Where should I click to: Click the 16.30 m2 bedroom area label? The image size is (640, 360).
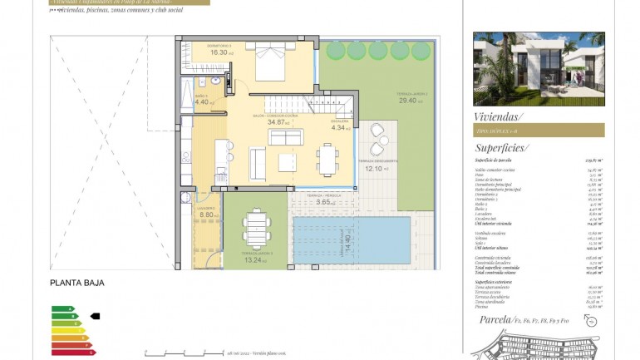[x=220, y=52]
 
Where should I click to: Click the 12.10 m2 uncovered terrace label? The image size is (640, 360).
[x=372, y=168]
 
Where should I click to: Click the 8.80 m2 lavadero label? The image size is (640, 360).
[x=208, y=215]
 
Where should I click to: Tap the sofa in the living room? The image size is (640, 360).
[x=285, y=137]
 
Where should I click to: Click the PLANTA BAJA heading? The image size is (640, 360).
[x=77, y=283]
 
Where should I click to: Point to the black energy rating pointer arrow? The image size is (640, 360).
[x=95, y=316]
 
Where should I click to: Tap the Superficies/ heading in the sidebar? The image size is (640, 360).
[x=501, y=147]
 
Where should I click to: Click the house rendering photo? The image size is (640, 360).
[x=538, y=69]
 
